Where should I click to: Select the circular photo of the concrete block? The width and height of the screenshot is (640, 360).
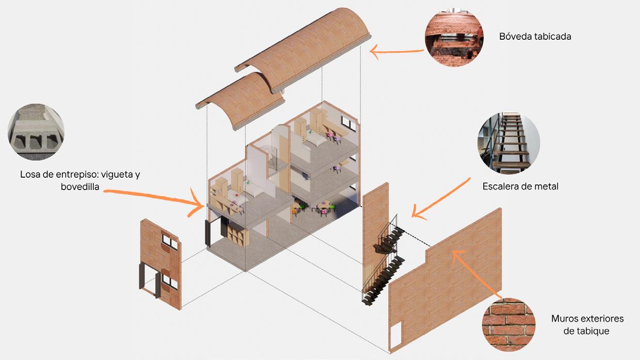(36, 131)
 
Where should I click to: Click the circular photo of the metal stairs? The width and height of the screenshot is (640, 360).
(508, 143)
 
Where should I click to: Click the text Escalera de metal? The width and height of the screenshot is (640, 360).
(520, 186)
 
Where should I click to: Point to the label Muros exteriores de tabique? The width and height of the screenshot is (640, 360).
(587, 324)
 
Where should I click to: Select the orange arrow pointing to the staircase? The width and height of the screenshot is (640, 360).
(441, 199)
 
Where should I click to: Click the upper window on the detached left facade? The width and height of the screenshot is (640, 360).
(169, 242)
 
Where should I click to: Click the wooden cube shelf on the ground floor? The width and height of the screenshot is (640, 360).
(237, 237)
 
